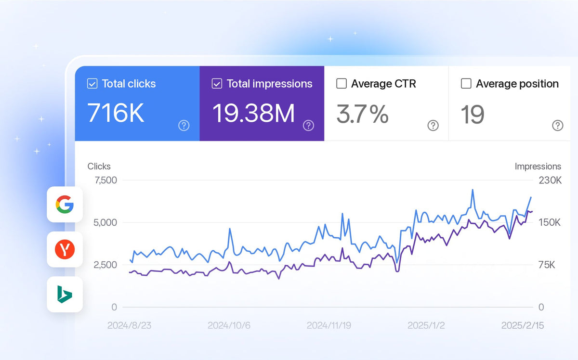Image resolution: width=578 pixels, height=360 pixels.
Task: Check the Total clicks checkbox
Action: [92, 84]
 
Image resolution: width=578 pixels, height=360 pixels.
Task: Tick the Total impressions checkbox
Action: [217, 84]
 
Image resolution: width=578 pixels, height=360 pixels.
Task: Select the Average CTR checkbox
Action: [342, 84]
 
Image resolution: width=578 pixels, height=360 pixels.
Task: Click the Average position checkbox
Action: [466, 84]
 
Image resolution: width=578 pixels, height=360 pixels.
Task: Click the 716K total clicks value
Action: [116, 113]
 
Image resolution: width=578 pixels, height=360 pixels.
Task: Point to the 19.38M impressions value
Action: [253, 113]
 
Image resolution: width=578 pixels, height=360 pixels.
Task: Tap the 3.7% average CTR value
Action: [362, 114]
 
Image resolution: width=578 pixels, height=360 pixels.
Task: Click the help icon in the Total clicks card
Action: [184, 126]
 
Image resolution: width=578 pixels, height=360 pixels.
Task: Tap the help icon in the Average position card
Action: [558, 126]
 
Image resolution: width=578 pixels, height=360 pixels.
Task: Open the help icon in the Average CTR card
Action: [433, 126]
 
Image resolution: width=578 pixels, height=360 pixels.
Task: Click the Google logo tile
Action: [65, 204]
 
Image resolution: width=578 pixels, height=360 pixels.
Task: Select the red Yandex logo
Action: [65, 249]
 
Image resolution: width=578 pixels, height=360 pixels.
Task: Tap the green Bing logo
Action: [65, 294]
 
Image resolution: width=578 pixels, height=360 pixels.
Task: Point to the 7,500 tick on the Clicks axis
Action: [106, 180]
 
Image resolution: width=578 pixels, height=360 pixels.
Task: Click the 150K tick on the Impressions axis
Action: [550, 222]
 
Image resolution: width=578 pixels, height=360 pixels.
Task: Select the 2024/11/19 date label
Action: [328, 325]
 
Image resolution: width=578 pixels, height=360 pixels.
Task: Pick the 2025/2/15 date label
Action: [523, 325]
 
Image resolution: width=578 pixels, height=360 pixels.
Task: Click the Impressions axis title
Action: [538, 167]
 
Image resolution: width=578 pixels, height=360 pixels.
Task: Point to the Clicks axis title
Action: [99, 167]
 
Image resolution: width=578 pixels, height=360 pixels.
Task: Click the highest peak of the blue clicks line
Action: [473, 190]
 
